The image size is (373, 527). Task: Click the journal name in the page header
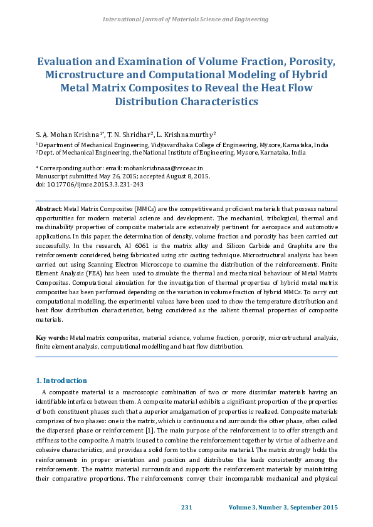click(186, 19)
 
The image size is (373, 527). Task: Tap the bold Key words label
click(51, 337)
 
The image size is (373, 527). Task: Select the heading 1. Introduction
click(61, 381)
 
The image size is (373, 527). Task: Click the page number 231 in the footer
click(186, 506)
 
